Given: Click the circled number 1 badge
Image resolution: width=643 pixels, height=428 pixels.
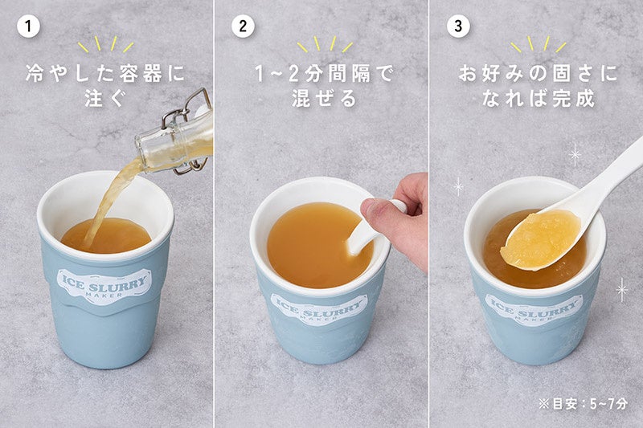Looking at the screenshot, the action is coord(28,26).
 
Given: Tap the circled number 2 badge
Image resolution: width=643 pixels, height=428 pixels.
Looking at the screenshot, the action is coord(243,26).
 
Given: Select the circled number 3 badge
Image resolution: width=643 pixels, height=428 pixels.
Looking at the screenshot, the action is coord(458,26).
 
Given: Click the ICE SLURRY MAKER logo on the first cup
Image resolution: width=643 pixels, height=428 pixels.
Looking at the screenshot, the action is coord(104,284).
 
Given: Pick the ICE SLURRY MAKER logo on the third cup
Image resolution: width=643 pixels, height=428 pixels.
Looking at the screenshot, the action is coord(534,309).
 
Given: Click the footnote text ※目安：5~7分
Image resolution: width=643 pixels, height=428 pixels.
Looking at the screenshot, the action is coord(583,404).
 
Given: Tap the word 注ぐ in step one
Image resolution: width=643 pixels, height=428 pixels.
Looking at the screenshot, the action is coord(104,98).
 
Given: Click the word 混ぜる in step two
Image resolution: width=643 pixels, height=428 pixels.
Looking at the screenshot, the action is coord(324,98).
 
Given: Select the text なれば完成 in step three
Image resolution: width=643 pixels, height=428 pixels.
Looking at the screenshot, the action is coord(539,98).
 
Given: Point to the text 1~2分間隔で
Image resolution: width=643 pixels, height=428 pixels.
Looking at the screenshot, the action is coord(324,74).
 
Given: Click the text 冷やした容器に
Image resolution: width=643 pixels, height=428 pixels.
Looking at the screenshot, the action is coord(105,74).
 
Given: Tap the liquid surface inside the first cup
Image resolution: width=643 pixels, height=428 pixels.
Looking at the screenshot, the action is coord(107,235).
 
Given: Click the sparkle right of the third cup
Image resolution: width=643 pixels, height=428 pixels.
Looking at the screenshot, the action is coord(622,290).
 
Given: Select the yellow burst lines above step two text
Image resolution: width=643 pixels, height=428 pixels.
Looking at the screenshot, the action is coord(325,44).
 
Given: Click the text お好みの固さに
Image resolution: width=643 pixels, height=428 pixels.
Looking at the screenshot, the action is coord(539,74).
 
